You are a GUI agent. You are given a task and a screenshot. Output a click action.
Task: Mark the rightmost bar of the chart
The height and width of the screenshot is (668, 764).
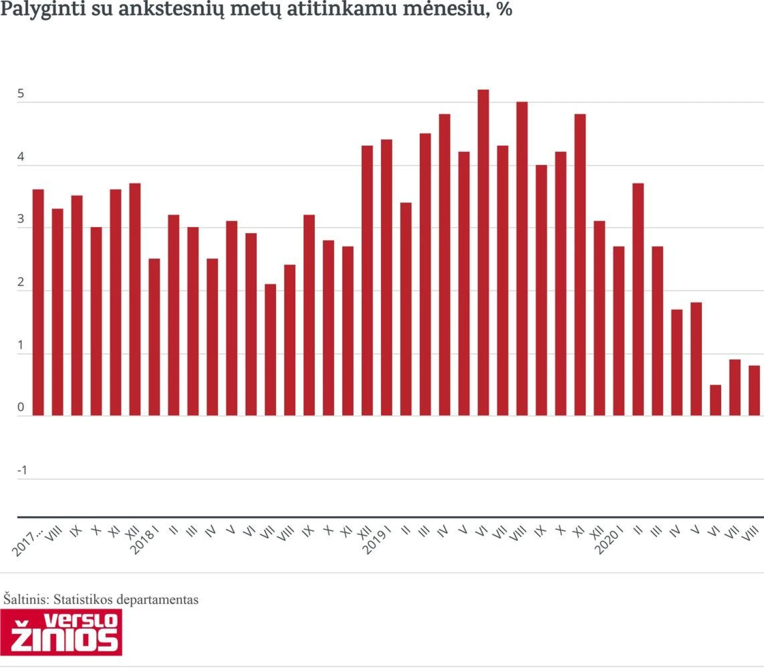click(x=754, y=391)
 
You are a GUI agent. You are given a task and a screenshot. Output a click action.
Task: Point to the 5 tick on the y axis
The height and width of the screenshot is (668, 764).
click(x=21, y=94)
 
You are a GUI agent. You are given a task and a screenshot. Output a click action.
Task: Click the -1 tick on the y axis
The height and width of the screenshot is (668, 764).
click(x=22, y=470)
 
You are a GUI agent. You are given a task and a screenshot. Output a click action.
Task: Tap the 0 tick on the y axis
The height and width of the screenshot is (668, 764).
click(x=21, y=407)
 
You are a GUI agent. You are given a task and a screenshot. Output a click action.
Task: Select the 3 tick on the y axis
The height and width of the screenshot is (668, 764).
click(x=21, y=219)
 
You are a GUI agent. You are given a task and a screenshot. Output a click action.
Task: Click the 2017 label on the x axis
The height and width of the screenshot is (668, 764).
click(x=26, y=544)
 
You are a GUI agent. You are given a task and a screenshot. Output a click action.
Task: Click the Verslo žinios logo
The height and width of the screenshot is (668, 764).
click(x=61, y=632)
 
